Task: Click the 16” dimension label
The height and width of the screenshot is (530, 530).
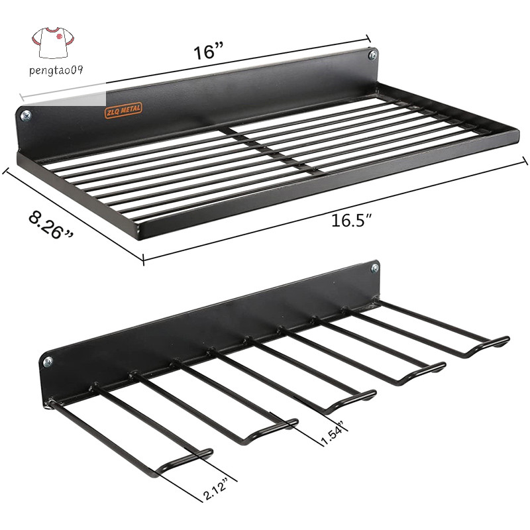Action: (x=209, y=52)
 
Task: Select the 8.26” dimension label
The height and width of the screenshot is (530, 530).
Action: (x=51, y=225)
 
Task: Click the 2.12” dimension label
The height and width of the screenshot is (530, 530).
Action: (x=216, y=488)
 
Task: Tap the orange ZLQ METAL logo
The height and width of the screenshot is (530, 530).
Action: (x=123, y=110)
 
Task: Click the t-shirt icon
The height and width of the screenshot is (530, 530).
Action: (x=53, y=42)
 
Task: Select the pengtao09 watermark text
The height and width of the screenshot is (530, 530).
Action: (x=56, y=70)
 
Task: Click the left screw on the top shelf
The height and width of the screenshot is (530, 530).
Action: (x=26, y=116)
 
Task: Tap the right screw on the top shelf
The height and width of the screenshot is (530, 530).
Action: (x=373, y=54)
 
